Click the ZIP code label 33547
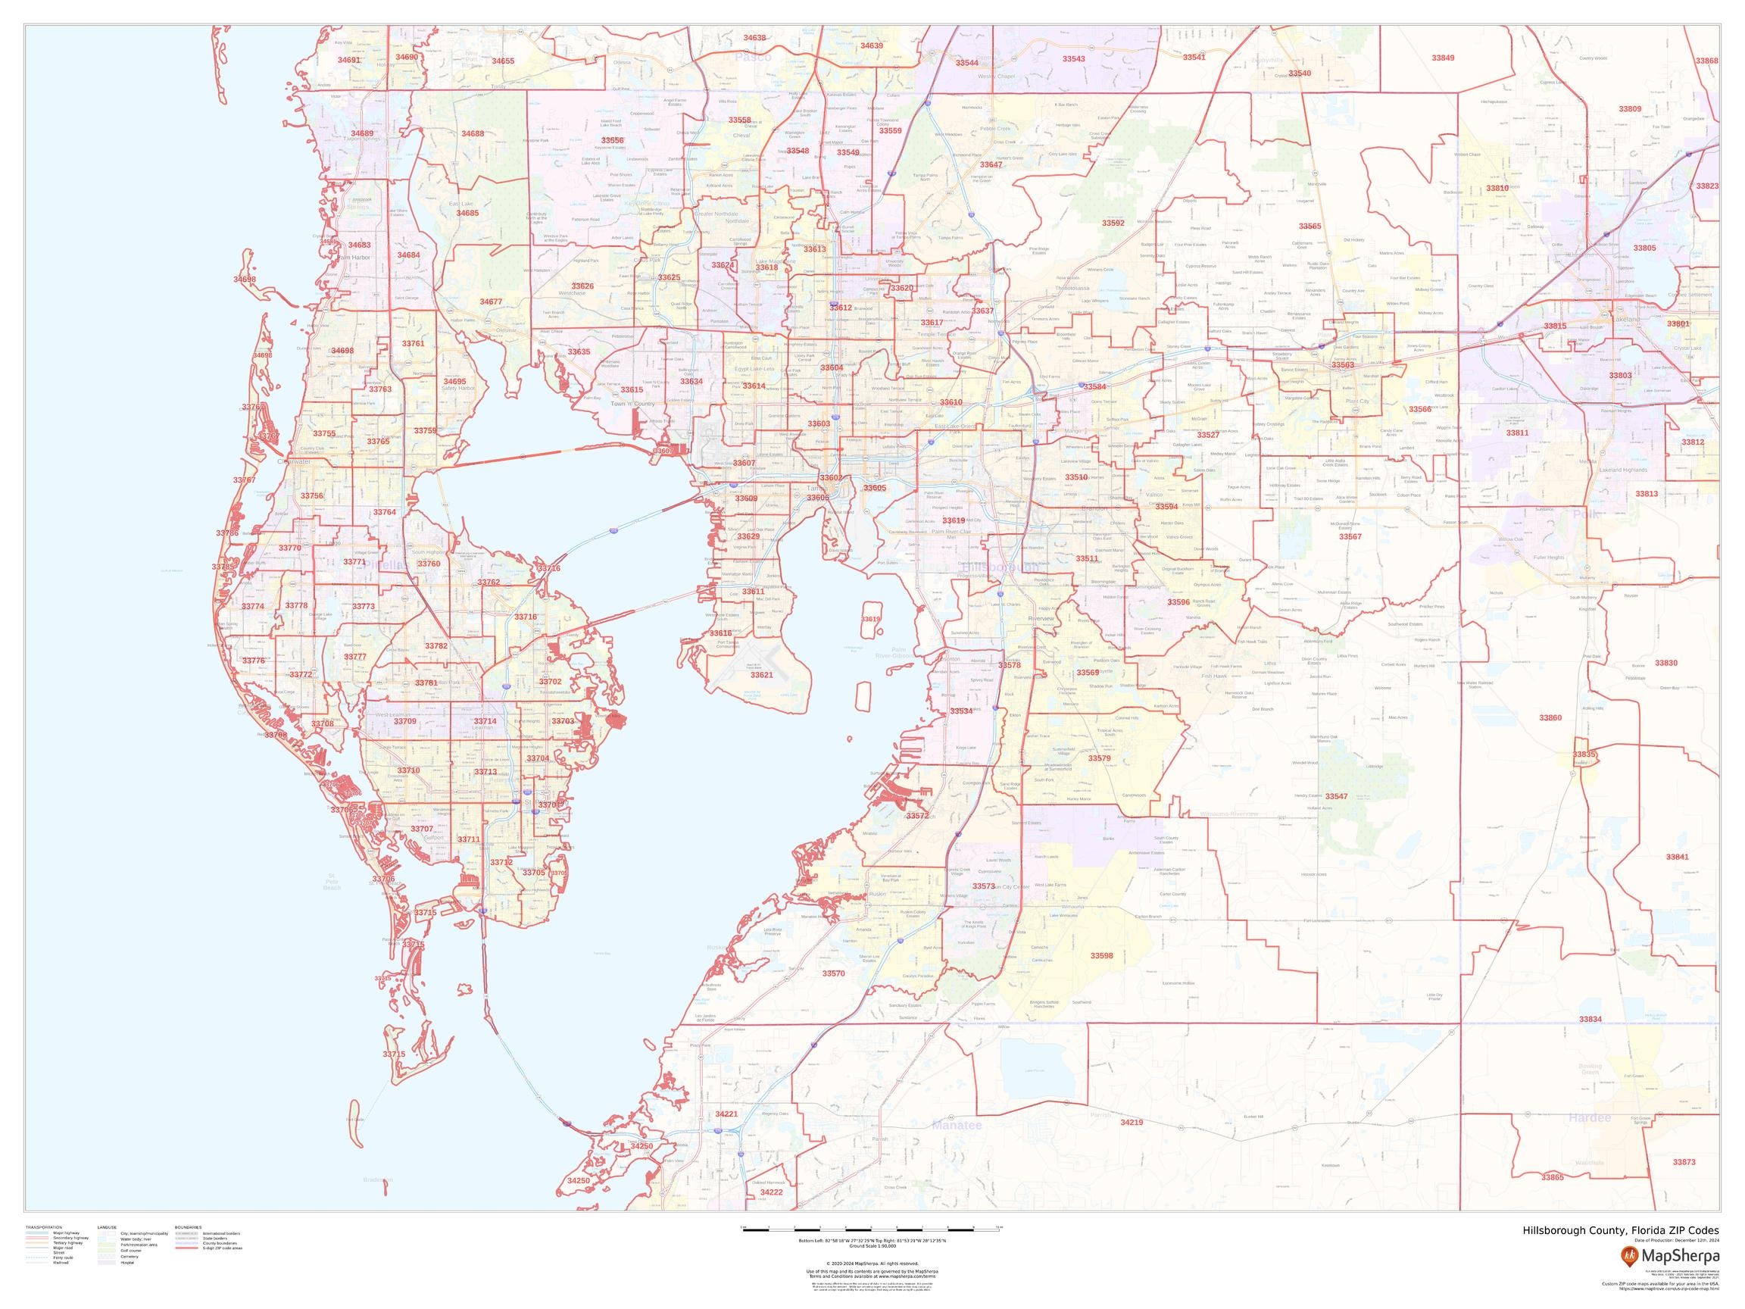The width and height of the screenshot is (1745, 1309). click(x=1336, y=797)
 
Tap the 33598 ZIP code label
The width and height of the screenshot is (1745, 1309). click(x=1101, y=955)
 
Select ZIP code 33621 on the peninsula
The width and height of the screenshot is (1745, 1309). click(x=762, y=676)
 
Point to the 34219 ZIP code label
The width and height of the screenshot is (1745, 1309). click(x=1132, y=1123)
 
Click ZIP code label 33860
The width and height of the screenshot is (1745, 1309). click(x=1550, y=718)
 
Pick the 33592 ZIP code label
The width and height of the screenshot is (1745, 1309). click(x=1113, y=223)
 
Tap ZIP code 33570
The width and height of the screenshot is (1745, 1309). click(x=833, y=973)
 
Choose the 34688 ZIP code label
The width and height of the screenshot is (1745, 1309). click(x=473, y=133)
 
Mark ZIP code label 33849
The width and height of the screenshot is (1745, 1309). click(x=1443, y=58)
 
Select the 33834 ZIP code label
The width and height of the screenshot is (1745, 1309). click(x=1590, y=1020)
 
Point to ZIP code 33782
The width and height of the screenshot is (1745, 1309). click(x=436, y=646)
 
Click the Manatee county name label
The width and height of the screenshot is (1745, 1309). click(x=957, y=1125)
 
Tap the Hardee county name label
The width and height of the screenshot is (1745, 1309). click(x=1590, y=1118)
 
